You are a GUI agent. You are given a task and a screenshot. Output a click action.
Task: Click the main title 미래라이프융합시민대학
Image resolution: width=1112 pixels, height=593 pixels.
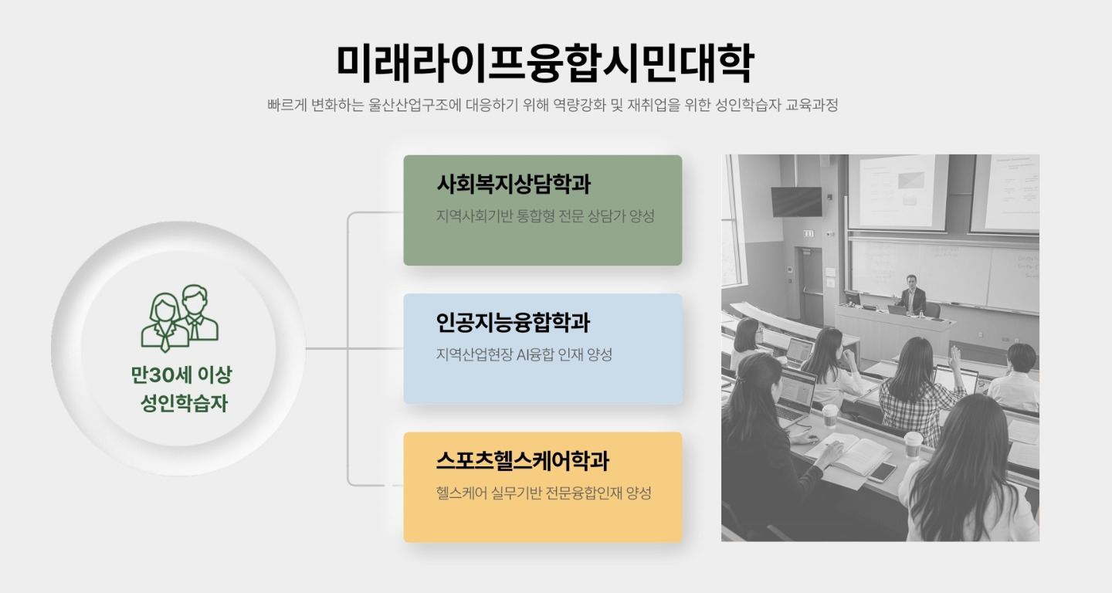click(x=545, y=63)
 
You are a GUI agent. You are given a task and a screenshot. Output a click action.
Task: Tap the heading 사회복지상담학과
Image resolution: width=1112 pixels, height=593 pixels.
click(x=514, y=184)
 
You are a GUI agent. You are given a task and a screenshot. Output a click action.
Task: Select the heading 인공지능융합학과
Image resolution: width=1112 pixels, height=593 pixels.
click(x=514, y=323)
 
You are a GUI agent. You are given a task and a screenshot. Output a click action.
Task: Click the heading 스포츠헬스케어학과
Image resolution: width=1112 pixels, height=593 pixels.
click(x=523, y=461)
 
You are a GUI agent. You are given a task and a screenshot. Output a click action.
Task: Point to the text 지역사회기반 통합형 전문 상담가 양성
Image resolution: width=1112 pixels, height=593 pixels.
click(x=545, y=216)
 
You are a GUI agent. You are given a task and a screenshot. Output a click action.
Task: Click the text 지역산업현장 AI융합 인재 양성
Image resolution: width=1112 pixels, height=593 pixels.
click(x=524, y=354)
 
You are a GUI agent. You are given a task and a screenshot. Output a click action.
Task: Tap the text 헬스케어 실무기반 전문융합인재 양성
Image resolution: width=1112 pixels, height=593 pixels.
click(x=544, y=493)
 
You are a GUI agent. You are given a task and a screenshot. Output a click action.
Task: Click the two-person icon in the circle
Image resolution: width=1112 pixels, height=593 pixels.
click(x=180, y=318)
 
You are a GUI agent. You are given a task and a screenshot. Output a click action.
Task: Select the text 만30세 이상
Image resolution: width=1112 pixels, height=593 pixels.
click(x=181, y=374)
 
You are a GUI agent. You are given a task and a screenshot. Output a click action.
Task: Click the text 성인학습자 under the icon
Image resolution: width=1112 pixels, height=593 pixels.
click(x=184, y=403)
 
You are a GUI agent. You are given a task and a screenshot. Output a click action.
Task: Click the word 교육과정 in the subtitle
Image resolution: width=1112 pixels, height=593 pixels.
click(x=812, y=105)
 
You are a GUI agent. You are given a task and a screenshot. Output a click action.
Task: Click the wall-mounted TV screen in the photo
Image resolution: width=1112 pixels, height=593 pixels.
click(x=796, y=202)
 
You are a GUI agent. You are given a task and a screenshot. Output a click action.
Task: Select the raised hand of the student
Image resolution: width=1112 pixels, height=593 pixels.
click(x=954, y=355)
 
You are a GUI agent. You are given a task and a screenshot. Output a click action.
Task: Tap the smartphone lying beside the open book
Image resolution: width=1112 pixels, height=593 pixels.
click(x=882, y=472)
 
